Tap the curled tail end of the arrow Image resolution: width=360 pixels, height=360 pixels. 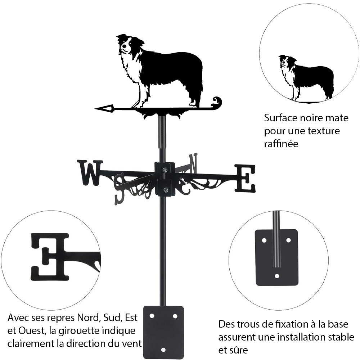[216, 102]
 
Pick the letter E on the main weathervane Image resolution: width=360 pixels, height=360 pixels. [246, 178]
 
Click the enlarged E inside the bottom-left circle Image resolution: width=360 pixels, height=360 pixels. [50, 257]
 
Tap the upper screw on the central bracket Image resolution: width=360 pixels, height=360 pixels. [165, 170]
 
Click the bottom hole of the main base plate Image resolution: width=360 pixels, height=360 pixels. [163, 350]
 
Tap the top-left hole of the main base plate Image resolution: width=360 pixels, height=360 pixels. [152, 316]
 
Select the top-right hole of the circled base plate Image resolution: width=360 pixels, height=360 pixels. [288, 239]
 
